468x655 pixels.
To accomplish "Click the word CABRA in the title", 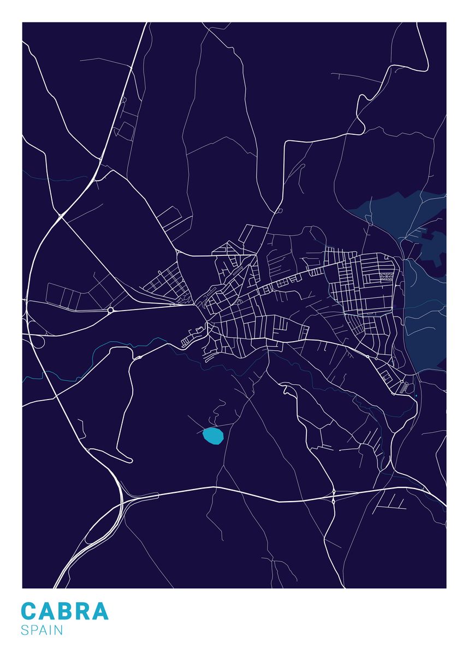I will click(64, 611).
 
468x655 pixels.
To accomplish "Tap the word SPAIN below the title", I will click(42, 630).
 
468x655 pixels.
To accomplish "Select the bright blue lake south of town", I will click(214, 436).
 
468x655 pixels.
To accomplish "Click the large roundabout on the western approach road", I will click(110, 310).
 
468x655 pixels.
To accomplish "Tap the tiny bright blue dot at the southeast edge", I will click(416, 395).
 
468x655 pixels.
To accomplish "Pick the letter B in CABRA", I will click(64, 611).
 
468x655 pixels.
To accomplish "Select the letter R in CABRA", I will click(82, 611).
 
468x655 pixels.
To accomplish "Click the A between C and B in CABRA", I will click(46, 611).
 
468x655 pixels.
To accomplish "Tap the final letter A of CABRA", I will click(100, 611).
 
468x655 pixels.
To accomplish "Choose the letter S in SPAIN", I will click(25, 630).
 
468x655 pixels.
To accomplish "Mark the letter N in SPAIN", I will click(58, 630).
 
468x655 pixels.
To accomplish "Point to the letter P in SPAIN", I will click(33, 630).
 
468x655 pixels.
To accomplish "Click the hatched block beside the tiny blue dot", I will click(404, 388).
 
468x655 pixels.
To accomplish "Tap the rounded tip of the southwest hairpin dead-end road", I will click(131, 461).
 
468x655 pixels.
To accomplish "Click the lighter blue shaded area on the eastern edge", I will click(426, 306).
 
